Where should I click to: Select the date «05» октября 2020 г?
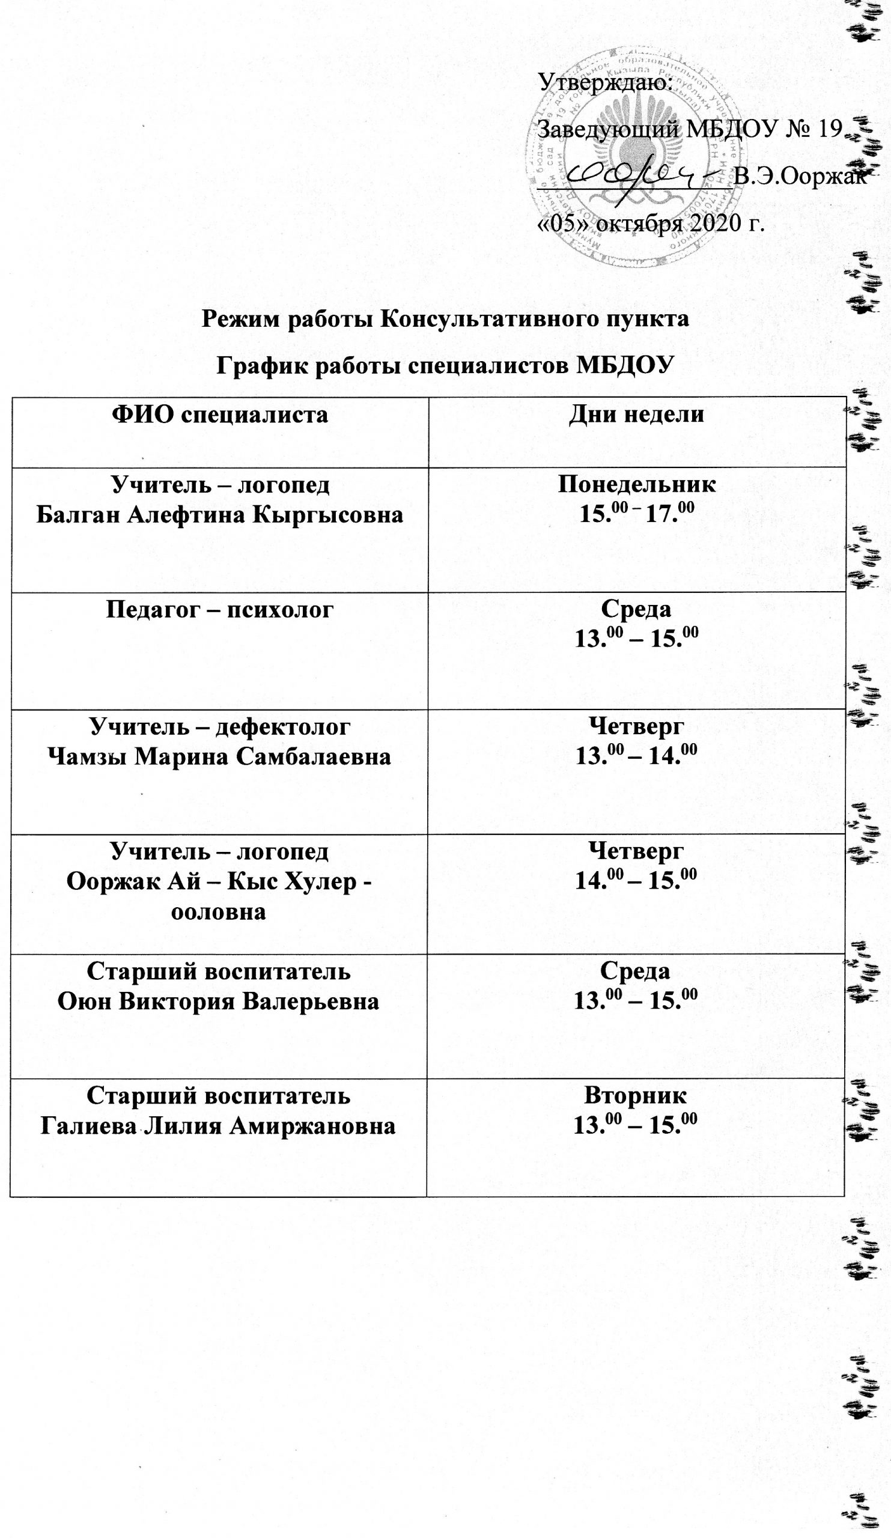(651, 224)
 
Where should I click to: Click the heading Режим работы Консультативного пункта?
(446, 318)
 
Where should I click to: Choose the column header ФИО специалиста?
(220, 415)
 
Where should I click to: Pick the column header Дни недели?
(636, 415)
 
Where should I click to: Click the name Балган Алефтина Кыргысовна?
(220, 515)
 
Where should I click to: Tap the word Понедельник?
(636, 484)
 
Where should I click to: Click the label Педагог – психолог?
(220, 609)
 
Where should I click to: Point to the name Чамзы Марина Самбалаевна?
(220, 757)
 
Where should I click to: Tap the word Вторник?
(636, 1095)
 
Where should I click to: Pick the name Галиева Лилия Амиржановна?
(218, 1124)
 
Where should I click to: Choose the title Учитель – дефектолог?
(220, 726)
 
